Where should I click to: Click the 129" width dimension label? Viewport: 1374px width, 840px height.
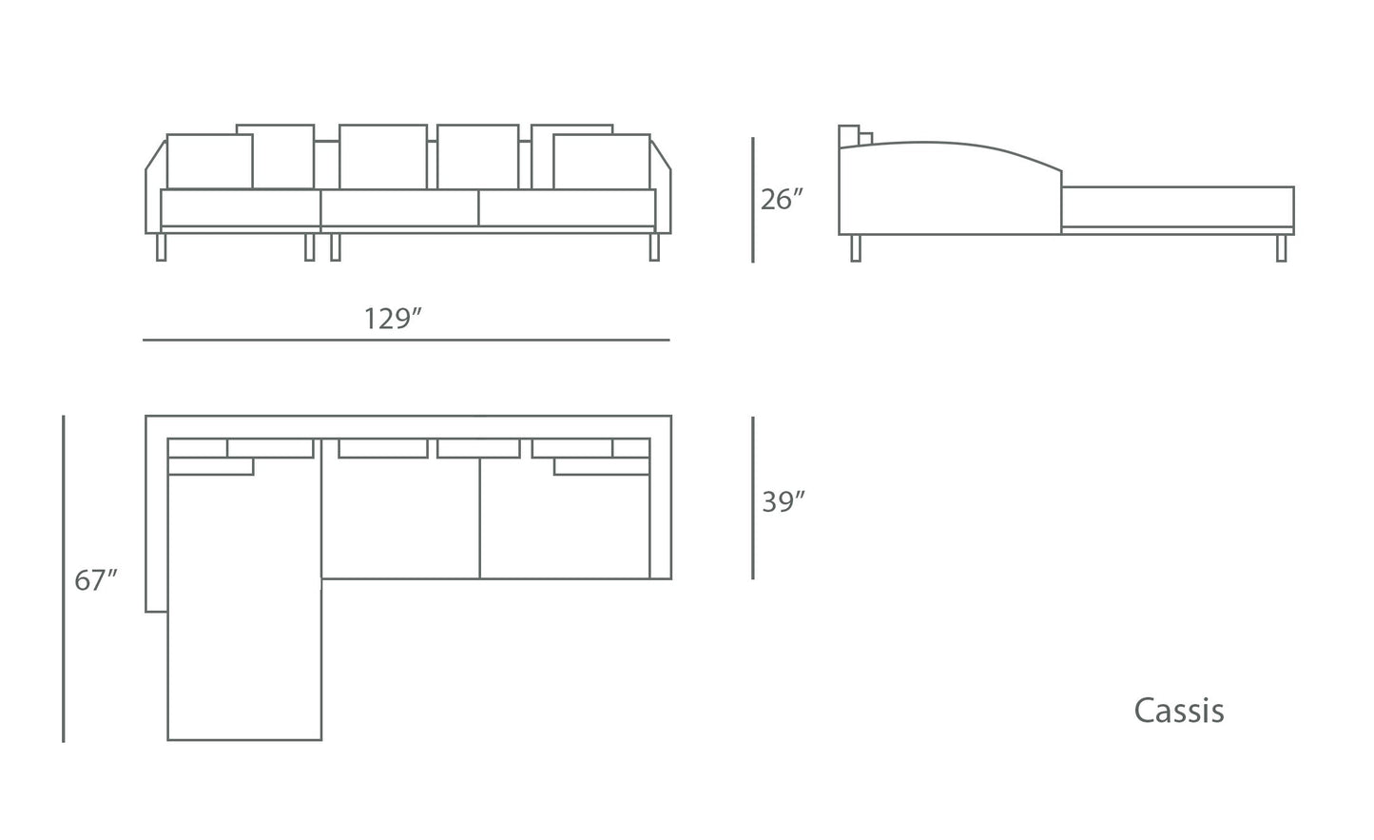pyautogui.click(x=393, y=318)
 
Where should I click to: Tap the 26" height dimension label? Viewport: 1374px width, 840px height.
pyautogui.click(x=783, y=200)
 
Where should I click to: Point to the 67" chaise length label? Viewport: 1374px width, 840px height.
pyautogui.click(x=95, y=579)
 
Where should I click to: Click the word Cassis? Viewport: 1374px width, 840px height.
pyautogui.click(x=1178, y=711)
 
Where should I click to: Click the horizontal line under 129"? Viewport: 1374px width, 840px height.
pyautogui.click(x=406, y=340)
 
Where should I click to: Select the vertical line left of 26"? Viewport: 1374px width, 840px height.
pyautogui.click(x=753, y=200)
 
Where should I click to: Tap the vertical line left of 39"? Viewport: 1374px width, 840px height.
pyautogui.click(x=753, y=498)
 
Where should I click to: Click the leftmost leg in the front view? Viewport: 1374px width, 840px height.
pyautogui.click(x=161, y=247)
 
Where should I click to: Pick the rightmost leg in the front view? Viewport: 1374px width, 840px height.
pyautogui.click(x=653, y=247)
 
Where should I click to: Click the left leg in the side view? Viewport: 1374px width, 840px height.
pyautogui.click(x=856, y=247)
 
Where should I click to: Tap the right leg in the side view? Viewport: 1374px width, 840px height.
pyautogui.click(x=1281, y=247)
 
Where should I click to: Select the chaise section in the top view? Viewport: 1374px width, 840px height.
pyautogui.click(x=244, y=609)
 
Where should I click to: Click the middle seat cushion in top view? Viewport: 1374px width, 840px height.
pyautogui.click(x=400, y=518)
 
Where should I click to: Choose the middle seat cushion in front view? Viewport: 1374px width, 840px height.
pyautogui.click(x=399, y=207)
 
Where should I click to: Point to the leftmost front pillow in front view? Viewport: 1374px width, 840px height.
pyautogui.click(x=209, y=162)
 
